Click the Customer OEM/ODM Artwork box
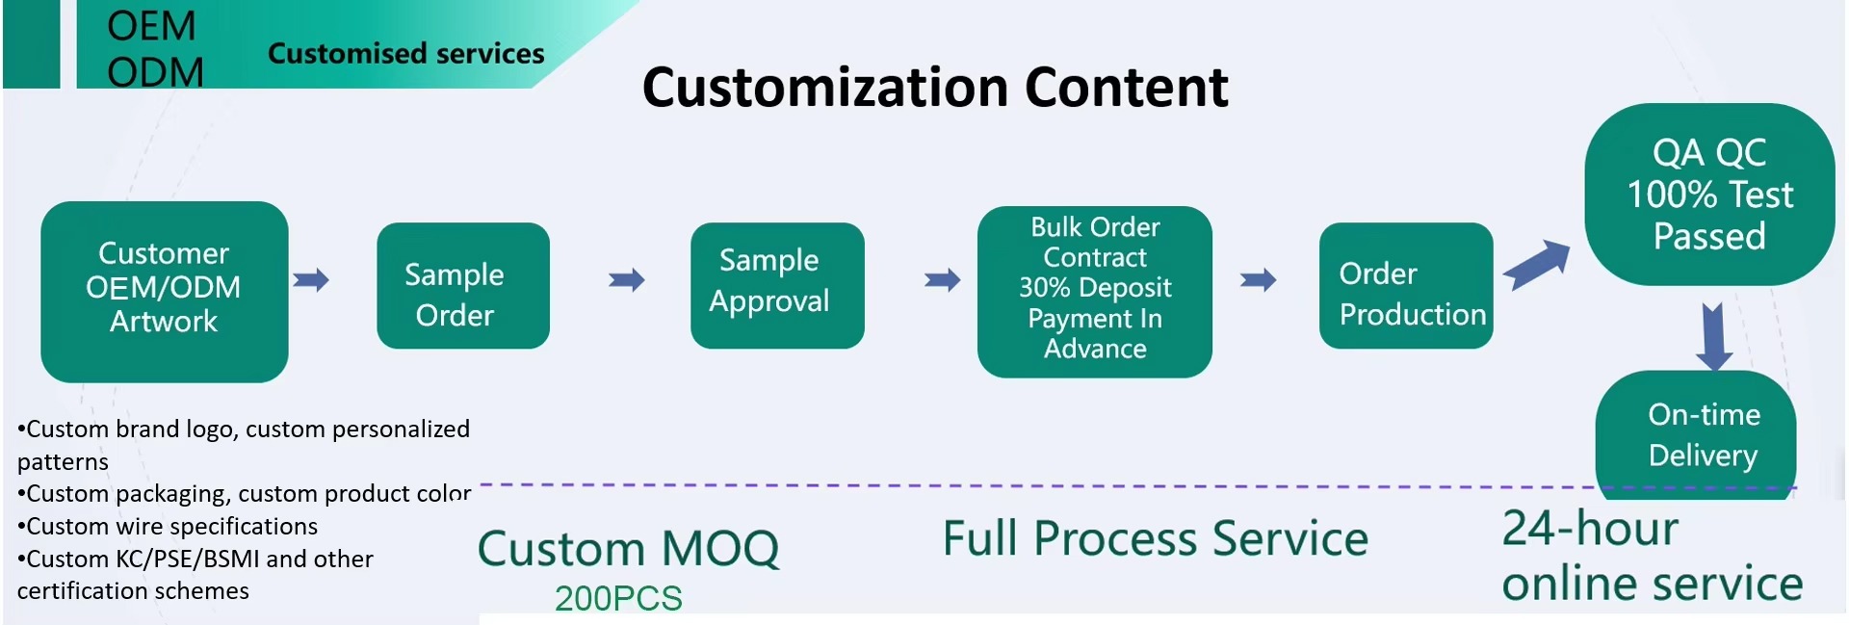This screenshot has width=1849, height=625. click(x=165, y=292)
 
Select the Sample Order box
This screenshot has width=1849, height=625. click(x=463, y=286)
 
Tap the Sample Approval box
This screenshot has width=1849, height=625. click(x=777, y=286)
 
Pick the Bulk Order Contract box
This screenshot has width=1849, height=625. click(x=1095, y=292)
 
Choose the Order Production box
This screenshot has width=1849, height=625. click(x=1406, y=286)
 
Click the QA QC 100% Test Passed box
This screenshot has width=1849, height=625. click(x=1710, y=195)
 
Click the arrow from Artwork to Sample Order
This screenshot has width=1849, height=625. click(x=311, y=280)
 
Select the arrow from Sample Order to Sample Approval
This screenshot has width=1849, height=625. click(x=627, y=280)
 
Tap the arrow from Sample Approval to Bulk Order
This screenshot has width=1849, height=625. click(x=943, y=280)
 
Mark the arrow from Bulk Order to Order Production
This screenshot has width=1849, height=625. click(x=1259, y=280)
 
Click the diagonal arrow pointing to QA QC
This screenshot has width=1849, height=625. click(x=1537, y=265)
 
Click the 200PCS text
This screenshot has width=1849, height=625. click(x=618, y=599)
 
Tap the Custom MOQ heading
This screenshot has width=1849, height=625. click(x=628, y=549)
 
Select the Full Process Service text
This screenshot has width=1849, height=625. click(x=1156, y=538)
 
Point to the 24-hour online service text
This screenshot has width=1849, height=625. click(x=1653, y=557)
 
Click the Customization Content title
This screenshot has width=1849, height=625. click(x=935, y=88)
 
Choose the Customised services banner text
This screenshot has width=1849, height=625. click(x=406, y=54)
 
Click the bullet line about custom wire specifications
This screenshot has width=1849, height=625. click(x=168, y=527)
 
